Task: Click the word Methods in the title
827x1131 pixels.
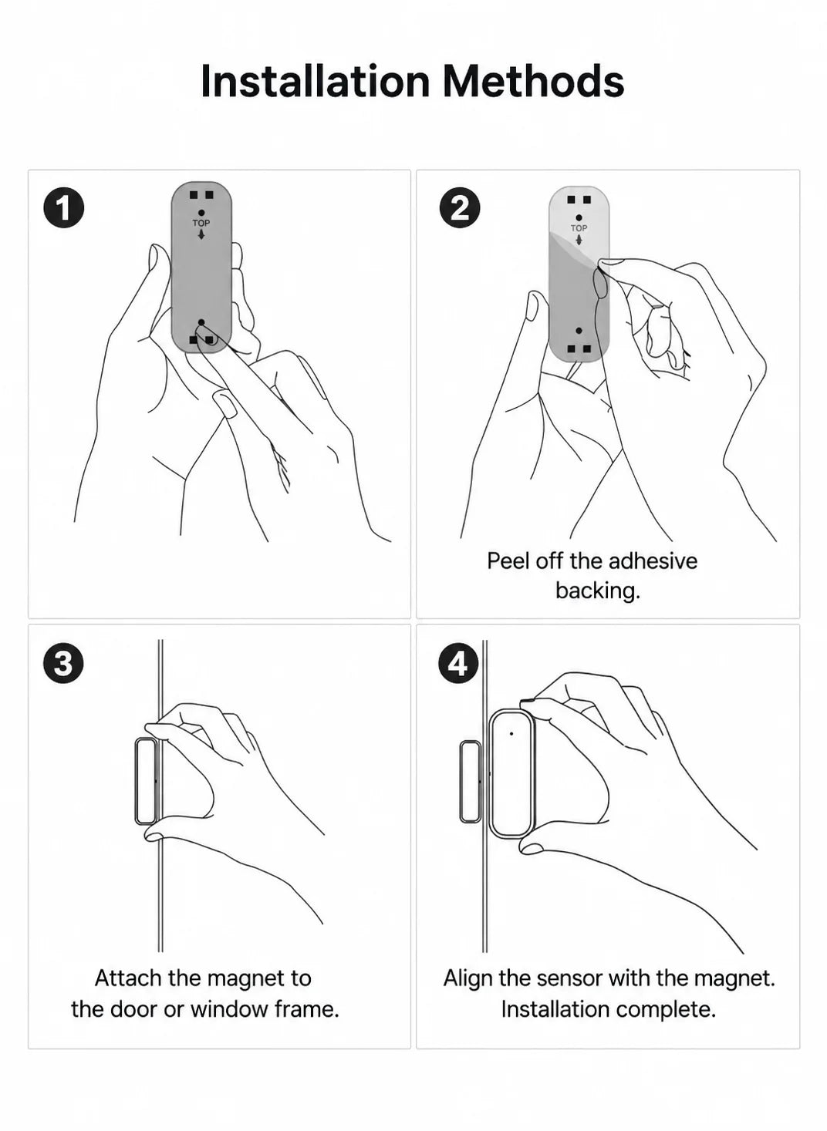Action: [534, 81]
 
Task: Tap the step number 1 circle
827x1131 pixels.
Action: [64, 207]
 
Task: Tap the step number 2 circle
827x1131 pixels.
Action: [459, 207]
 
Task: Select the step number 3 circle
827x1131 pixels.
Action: [64, 663]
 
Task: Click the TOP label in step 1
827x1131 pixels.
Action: [201, 223]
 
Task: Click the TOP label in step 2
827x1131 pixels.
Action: [579, 228]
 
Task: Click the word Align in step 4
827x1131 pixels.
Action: [468, 978]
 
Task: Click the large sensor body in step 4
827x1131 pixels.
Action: [511, 774]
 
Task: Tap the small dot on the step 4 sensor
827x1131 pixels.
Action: [511, 733]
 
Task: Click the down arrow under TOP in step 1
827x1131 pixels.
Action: [201, 235]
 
